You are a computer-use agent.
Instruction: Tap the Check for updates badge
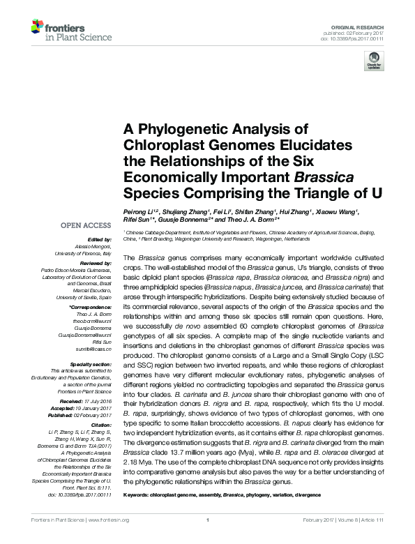pos(375,61)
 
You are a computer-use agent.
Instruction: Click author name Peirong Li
pos(139,212)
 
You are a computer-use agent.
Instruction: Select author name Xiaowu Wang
pos(335,212)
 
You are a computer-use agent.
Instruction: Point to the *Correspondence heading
pos(91,307)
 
